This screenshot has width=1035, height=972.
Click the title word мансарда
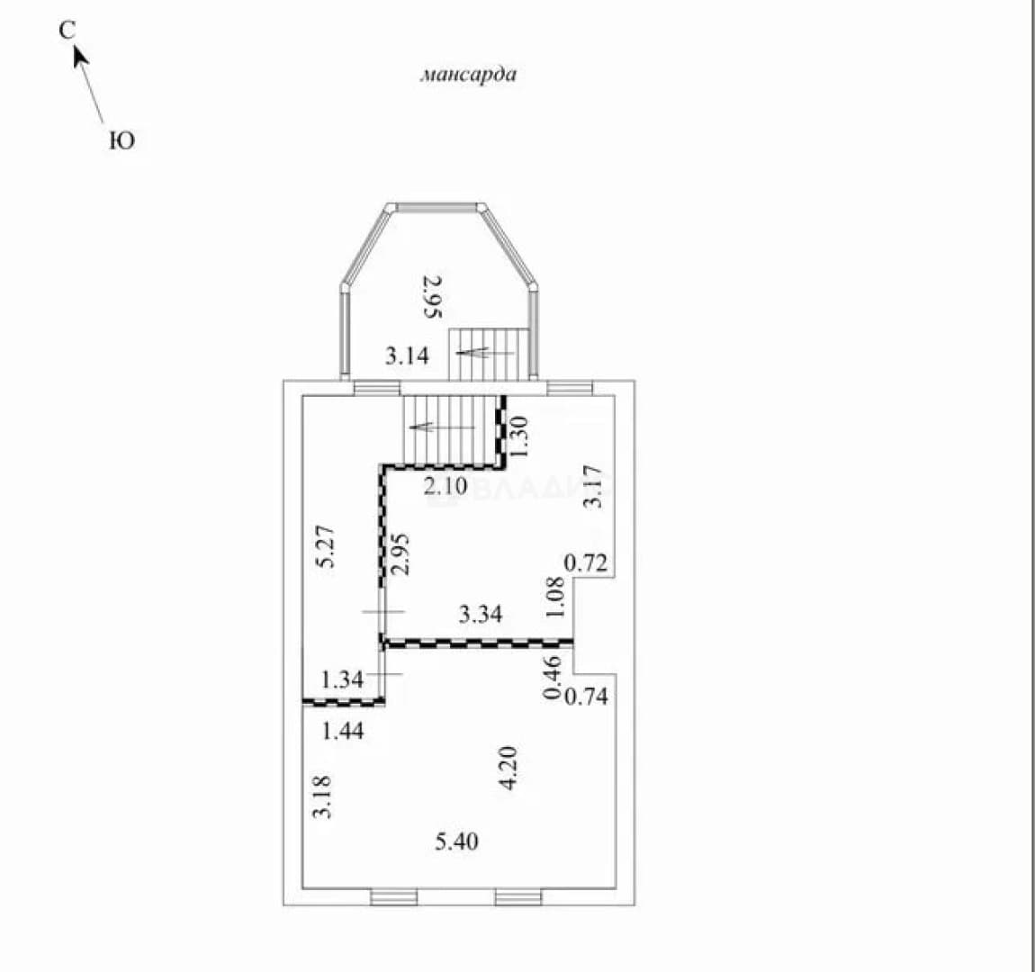(x=469, y=74)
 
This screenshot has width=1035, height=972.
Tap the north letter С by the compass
(x=67, y=31)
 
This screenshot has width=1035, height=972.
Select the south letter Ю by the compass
(x=122, y=140)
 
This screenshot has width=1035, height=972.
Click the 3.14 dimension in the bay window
(x=408, y=356)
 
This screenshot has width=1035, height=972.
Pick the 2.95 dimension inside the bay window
(x=432, y=297)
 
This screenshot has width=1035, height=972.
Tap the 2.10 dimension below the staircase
(x=445, y=487)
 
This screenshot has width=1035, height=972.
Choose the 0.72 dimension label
(x=586, y=563)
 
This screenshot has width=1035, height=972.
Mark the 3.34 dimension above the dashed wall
(x=481, y=615)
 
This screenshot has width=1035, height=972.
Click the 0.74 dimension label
(x=586, y=697)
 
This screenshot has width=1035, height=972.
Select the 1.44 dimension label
(x=343, y=731)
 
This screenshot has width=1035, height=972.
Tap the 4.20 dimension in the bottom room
(x=508, y=768)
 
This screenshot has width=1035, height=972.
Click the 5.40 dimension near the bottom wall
(x=457, y=842)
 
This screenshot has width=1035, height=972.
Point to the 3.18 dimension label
(x=322, y=796)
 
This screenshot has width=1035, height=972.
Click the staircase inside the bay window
(x=489, y=355)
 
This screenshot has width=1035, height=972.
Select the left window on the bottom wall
(x=394, y=896)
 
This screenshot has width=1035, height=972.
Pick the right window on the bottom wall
(x=518, y=896)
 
